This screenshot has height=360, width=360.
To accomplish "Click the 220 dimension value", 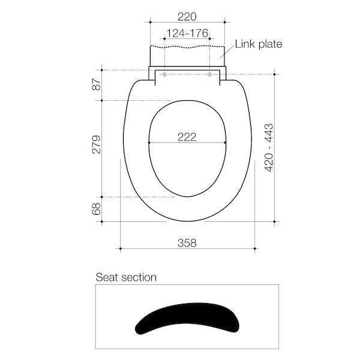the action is [x=187, y=17].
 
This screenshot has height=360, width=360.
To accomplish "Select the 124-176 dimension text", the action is [x=187, y=33].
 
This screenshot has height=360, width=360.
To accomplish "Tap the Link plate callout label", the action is [x=259, y=44].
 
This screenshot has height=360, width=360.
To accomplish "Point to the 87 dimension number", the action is [x=97, y=84].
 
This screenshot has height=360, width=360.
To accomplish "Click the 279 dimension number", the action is [x=97, y=145].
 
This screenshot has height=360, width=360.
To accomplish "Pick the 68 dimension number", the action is [x=97, y=209].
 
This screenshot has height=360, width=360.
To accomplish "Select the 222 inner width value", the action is [x=187, y=137].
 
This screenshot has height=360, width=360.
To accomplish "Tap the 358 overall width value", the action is [x=187, y=243].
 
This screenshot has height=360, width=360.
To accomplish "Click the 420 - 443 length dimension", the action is [x=269, y=148].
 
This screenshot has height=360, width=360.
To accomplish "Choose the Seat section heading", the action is [x=126, y=277].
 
